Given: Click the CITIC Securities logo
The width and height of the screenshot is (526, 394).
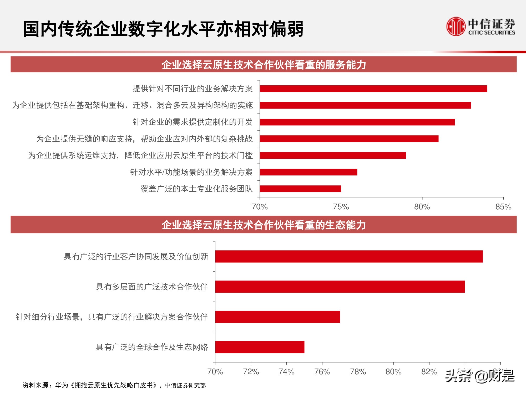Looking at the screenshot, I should tap(480, 27).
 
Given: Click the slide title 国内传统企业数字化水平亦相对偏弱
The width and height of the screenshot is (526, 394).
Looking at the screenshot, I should tap(163, 29).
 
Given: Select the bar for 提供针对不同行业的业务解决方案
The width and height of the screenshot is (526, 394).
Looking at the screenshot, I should tap(373, 89).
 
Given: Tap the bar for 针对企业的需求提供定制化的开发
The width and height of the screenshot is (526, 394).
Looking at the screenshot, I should tap(357, 122).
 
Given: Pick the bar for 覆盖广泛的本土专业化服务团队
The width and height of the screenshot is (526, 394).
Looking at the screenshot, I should tap(300, 189).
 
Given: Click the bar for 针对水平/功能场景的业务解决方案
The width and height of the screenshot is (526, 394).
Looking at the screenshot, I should tap(308, 172).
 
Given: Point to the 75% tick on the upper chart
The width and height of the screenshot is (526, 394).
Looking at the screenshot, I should tap(341, 207).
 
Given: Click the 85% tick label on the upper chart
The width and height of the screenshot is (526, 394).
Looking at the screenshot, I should tap(503, 207).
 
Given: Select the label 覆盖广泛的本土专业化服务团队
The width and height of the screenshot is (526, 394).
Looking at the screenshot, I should tap(196, 189).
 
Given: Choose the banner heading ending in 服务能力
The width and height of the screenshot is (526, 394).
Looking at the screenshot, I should tap(264, 65).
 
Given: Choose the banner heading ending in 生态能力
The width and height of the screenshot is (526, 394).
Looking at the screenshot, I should tap(264, 225).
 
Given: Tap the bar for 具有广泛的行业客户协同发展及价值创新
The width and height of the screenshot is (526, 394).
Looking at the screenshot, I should tap(349, 256).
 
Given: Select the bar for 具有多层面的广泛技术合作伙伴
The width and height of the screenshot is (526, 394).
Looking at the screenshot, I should tap(340, 287).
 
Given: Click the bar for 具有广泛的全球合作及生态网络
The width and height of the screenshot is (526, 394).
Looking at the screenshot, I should tap(260, 347).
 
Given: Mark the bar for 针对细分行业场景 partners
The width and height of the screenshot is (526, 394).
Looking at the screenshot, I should tap(277, 317).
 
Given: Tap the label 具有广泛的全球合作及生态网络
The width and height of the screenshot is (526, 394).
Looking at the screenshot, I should tap(152, 347).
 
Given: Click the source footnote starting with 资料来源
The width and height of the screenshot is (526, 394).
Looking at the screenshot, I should tap(114, 385).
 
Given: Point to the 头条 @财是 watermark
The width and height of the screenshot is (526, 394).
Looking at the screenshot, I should tap(480, 376).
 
